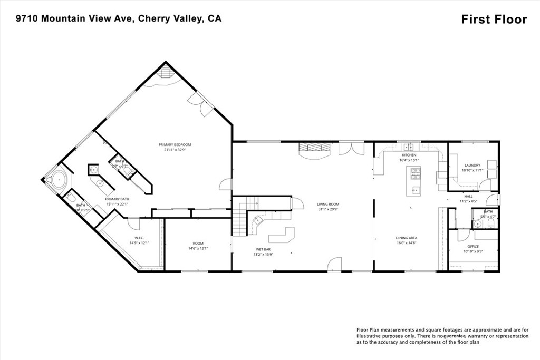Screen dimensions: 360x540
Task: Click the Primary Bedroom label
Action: click(x=175, y=144)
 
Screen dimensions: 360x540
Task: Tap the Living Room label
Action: click(x=327, y=204)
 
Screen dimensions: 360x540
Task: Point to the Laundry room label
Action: click(x=472, y=165)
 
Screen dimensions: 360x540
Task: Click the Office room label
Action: click(x=472, y=246)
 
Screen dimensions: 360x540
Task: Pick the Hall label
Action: click(x=468, y=196)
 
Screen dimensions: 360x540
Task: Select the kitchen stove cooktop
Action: click(x=416, y=172)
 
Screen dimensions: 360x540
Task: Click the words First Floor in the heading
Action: click(x=494, y=20)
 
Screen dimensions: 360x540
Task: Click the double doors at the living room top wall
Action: click(x=351, y=148)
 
